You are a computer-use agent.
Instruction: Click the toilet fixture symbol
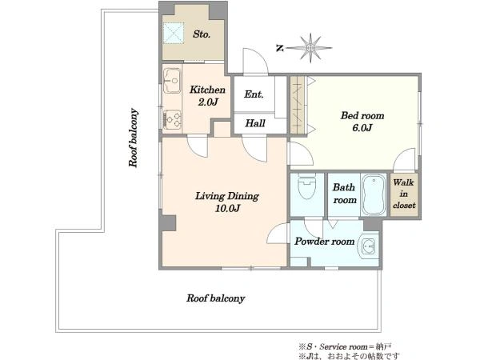click(306, 186)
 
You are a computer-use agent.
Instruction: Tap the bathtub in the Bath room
click(373, 195)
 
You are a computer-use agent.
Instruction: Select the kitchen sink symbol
click(172, 81)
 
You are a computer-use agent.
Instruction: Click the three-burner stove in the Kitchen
click(172, 119)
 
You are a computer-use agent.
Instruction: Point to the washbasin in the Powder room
click(368, 246)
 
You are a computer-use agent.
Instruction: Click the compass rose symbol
click(310, 48)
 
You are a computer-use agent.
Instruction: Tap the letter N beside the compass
click(279, 48)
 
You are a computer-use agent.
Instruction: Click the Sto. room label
click(202, 34)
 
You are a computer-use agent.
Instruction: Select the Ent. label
click(254, 94)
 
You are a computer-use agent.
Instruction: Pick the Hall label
click(255, 123)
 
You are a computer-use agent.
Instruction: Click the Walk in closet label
click(404, 194)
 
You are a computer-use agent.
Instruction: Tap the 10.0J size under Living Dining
click(227, 209)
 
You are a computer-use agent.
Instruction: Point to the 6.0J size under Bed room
click(362, 128)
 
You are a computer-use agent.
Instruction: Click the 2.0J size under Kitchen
click(208, 102)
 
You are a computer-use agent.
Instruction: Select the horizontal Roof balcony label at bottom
click(215, 298)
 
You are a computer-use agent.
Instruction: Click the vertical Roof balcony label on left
click(133, 138)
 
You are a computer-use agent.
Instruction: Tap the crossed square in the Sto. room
click(174, 33)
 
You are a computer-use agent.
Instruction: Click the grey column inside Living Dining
click(168, 223)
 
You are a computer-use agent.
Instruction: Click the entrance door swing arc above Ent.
click(256, 62)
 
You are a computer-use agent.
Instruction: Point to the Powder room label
click(325, 242)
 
